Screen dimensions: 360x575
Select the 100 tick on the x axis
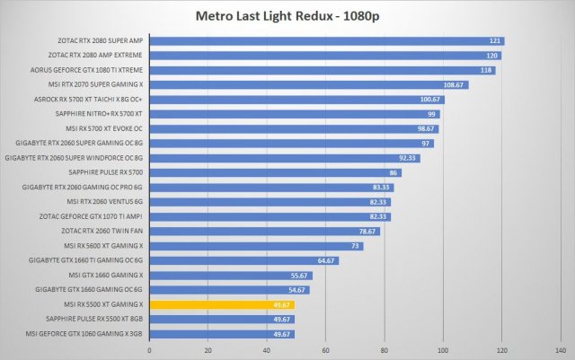click(x=443, y=350)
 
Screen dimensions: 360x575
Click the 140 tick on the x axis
click(x=560, y=350)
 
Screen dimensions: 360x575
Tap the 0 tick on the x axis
click(x=149, y=350)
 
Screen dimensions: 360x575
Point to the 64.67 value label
click(x=326, y=260)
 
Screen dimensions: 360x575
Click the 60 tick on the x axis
click(x=325, y=350)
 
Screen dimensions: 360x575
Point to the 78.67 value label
click(x=367, y=231)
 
